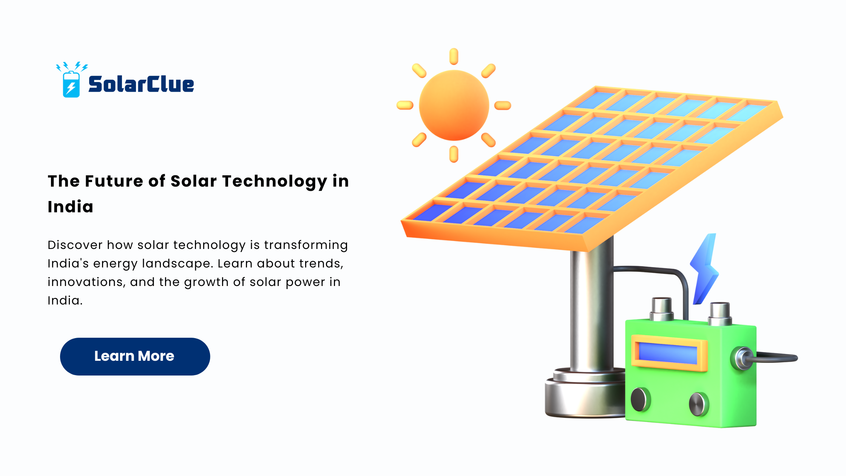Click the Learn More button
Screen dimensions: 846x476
[135, 356]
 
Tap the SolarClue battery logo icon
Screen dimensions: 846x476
[71, 80]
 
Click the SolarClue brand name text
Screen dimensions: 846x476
[141, 84]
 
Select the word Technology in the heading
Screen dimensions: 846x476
[275, 182]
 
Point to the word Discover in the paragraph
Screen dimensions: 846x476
[75, 245]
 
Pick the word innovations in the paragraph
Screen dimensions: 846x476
[86, 282]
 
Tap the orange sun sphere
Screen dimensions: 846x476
[454, 105]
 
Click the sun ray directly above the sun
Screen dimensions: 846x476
[454, 56]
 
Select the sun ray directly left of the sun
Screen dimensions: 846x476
[405, 105]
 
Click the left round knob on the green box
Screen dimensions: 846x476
[640, 399]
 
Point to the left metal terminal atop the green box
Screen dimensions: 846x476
[661, 309]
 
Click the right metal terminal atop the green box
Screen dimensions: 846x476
[720, 314]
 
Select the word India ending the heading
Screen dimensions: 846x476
[71, 207]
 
